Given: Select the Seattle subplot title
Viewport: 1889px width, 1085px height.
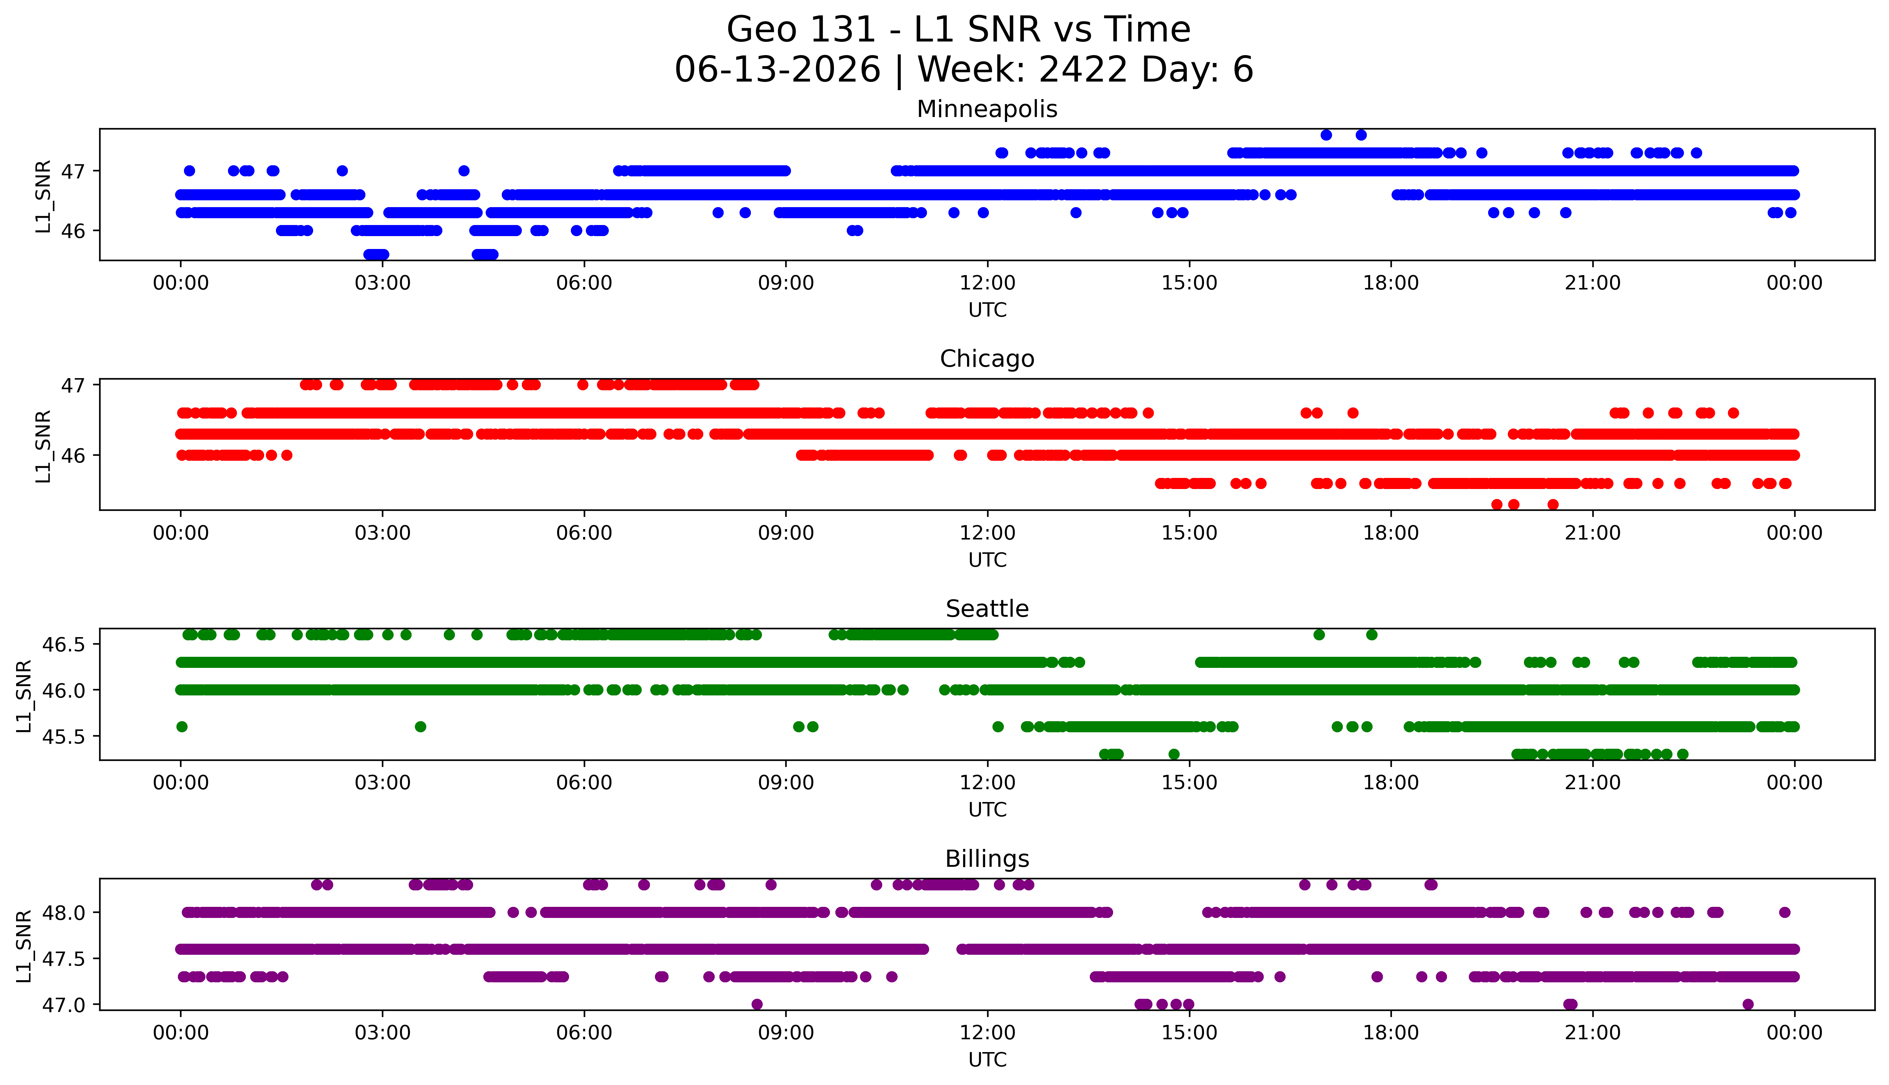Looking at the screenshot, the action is (x=987, y=609).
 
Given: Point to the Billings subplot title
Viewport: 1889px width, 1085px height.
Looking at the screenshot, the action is (x=987, y=859).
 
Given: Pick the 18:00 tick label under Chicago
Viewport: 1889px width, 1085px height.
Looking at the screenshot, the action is (x=1391, y=533).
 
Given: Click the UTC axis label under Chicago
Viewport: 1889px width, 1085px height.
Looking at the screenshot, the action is (x=987, y=559).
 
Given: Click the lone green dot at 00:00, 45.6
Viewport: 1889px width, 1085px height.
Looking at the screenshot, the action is (x=182, y=727).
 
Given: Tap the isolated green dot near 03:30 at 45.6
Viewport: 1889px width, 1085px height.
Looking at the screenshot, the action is (x=421, y=727).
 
